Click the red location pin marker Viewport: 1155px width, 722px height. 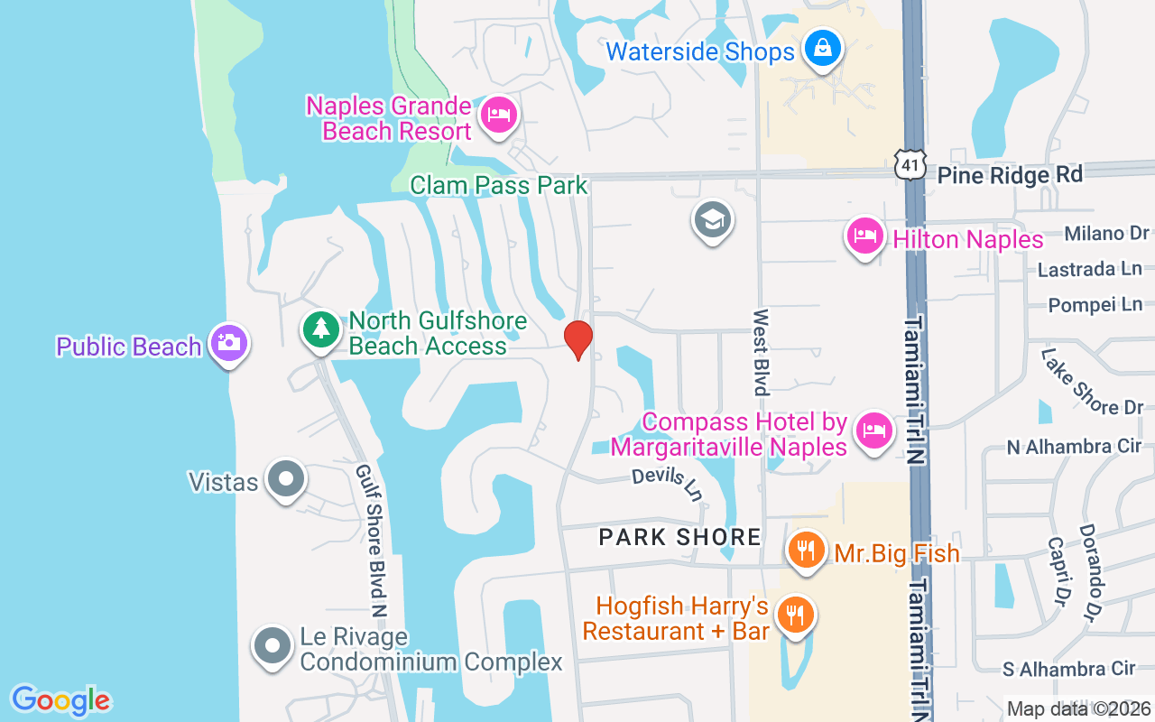tap(577, 339)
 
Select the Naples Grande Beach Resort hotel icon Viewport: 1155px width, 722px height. tap(498, 115)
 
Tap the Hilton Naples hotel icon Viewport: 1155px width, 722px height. tap(864, 236)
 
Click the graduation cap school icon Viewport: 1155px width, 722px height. tap(713, 219)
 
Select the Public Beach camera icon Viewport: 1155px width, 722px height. tap(229, 343)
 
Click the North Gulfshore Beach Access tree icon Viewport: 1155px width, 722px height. tap(320, 329)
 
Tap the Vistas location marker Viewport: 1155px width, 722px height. tap(287, 478)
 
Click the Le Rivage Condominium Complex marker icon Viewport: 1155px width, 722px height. tap(273, 646)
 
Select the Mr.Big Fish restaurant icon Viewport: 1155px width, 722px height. tap(806, 549)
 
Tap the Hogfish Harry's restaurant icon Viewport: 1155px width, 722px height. tap(795, 616)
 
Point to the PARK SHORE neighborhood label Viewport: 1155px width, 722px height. tap(680, 538)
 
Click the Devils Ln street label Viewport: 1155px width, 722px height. tap(667, 485)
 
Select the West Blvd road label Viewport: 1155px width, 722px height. tap(761, 352)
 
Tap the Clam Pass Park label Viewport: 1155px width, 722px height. tap(498, 186)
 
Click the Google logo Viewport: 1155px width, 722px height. tap(60, 700)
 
